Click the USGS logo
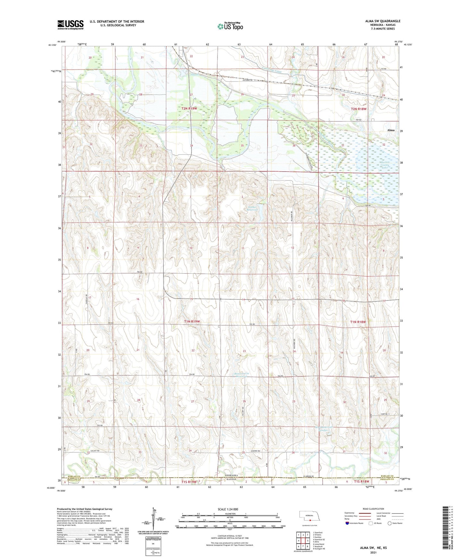70,25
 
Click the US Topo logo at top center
230,26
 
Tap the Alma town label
391,130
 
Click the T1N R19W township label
192,321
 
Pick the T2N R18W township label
359,109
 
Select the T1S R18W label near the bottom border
362,482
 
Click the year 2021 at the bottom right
373,553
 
